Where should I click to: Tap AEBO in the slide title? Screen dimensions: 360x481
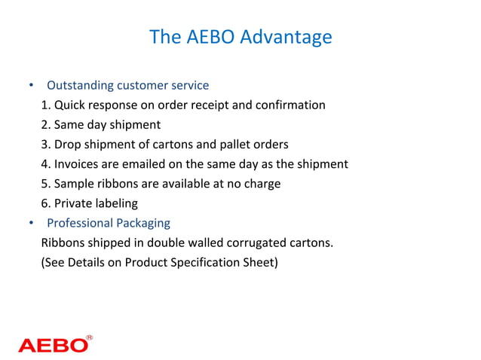pyautogui.click(x=206, y=36)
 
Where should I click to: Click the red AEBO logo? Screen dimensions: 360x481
pyautogui.click(x=53, y=345)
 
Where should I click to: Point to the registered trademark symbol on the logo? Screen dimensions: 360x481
pyautogui.click(x=90, y=338)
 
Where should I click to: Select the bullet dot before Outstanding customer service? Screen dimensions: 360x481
pyautogui.click(x=31, y=85)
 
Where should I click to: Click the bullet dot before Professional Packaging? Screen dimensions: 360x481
pyautogui.click(x=31, y=223)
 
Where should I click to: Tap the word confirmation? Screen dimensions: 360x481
pyautogui.click(x=290, y=105)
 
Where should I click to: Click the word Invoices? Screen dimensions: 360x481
pyautogui.click(x=78, y=164)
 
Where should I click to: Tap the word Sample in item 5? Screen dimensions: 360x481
pyautogui.click(x=73, y=184)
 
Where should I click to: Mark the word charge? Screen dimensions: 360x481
pyautogui.click(x=262, y=184)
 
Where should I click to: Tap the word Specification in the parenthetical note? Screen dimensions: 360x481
pyautogui.click(x=207, y=263)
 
